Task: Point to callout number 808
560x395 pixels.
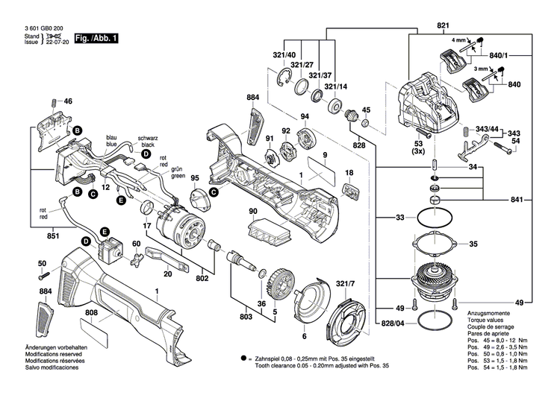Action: pyautogui.click(x=91, y=312)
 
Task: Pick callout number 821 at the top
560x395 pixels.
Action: pyautogui.click(x=442, y=25)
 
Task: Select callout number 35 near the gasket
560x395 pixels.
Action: pyautogui.click(x=494, y=244)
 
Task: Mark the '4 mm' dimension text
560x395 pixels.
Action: pyautogui.click(x=458, y=39)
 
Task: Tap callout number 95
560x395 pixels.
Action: pyautogui.click(x=195, y=178)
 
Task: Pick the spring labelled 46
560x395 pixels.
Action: pyautogui.click(x=52, y=102)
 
